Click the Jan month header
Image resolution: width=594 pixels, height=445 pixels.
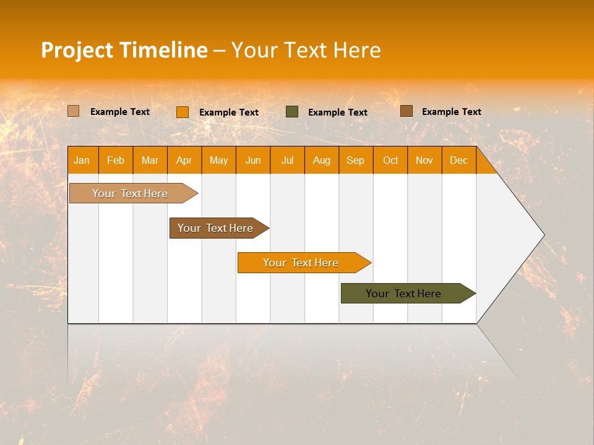[82, 160]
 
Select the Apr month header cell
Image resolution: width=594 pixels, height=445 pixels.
[184, 160]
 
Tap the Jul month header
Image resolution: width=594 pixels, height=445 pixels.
[287, 160]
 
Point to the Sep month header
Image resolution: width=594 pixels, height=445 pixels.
[355, 160]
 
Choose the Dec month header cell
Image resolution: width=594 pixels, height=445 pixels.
[458, 160]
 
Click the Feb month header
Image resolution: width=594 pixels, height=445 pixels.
[116, 160]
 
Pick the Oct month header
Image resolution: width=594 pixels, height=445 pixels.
[390, 160]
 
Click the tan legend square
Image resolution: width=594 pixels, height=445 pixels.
[74, 111]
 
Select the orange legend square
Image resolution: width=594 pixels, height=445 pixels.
[183, 112]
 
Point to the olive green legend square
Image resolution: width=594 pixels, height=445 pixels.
[292, 112]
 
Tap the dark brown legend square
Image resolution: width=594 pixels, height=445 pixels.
[407, 111]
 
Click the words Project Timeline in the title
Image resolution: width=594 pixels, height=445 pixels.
[124, 50]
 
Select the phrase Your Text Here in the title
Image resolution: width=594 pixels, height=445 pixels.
[306, 50]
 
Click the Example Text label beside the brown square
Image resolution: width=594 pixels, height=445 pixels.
[451, 112]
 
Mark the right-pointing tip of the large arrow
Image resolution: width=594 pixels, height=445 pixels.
[543, 235]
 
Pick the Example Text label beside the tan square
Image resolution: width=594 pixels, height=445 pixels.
[119, 112]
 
